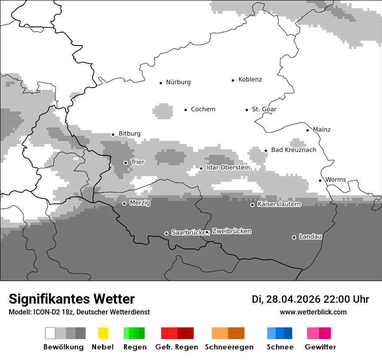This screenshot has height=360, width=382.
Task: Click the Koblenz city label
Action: click(x=250, y=79)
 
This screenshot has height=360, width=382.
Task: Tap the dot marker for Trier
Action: click(x=125, y=163)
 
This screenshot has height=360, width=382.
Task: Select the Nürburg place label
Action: click(x=178, y=82)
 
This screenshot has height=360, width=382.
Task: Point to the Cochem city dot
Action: click(x=185, y=110)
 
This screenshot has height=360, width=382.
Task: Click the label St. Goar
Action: click(x=264, y=109)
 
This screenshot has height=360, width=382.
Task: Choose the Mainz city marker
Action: click(x=307, y=130)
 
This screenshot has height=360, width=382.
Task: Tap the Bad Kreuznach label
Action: click(x=293, y=150)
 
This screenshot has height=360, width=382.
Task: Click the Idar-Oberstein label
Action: click(x=228, y=167)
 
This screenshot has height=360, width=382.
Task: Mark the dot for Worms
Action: click(x=320, y=180)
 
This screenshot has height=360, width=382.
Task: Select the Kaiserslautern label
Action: click(x=279, y=204)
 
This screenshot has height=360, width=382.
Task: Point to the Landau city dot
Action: click(x=294, y=237)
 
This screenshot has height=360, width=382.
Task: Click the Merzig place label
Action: click(x=140, y=203)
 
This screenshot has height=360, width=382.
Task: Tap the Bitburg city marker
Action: click(x=113, y=134)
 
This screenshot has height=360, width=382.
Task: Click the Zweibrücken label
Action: click(x=231, y=231)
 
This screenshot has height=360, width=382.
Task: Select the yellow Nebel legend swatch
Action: click(x=103, y=333)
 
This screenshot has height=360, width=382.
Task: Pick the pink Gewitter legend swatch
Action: click(x=313, y=333)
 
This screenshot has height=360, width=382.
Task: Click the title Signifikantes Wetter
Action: click(x=72, y=299)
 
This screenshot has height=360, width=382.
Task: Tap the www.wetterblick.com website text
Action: click(x=313, y=312)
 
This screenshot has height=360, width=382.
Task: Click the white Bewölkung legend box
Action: click(x=50, y=333)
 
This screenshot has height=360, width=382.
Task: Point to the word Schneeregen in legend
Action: click(x=229, y=347)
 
